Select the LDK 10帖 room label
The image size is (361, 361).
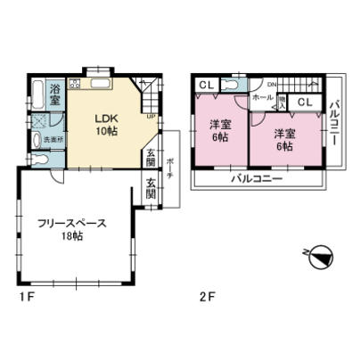click(x=107, y=124)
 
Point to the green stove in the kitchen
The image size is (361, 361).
click(x=75, y=85)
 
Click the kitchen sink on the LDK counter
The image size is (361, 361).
click(x=98, y=86)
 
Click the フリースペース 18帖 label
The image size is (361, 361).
click(x=73, y=229)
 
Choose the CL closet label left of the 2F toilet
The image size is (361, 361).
click(x=206, y=85)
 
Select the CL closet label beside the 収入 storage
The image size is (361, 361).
click(x=304, y=104)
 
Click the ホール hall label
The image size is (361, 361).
click(x=262, y=96)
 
